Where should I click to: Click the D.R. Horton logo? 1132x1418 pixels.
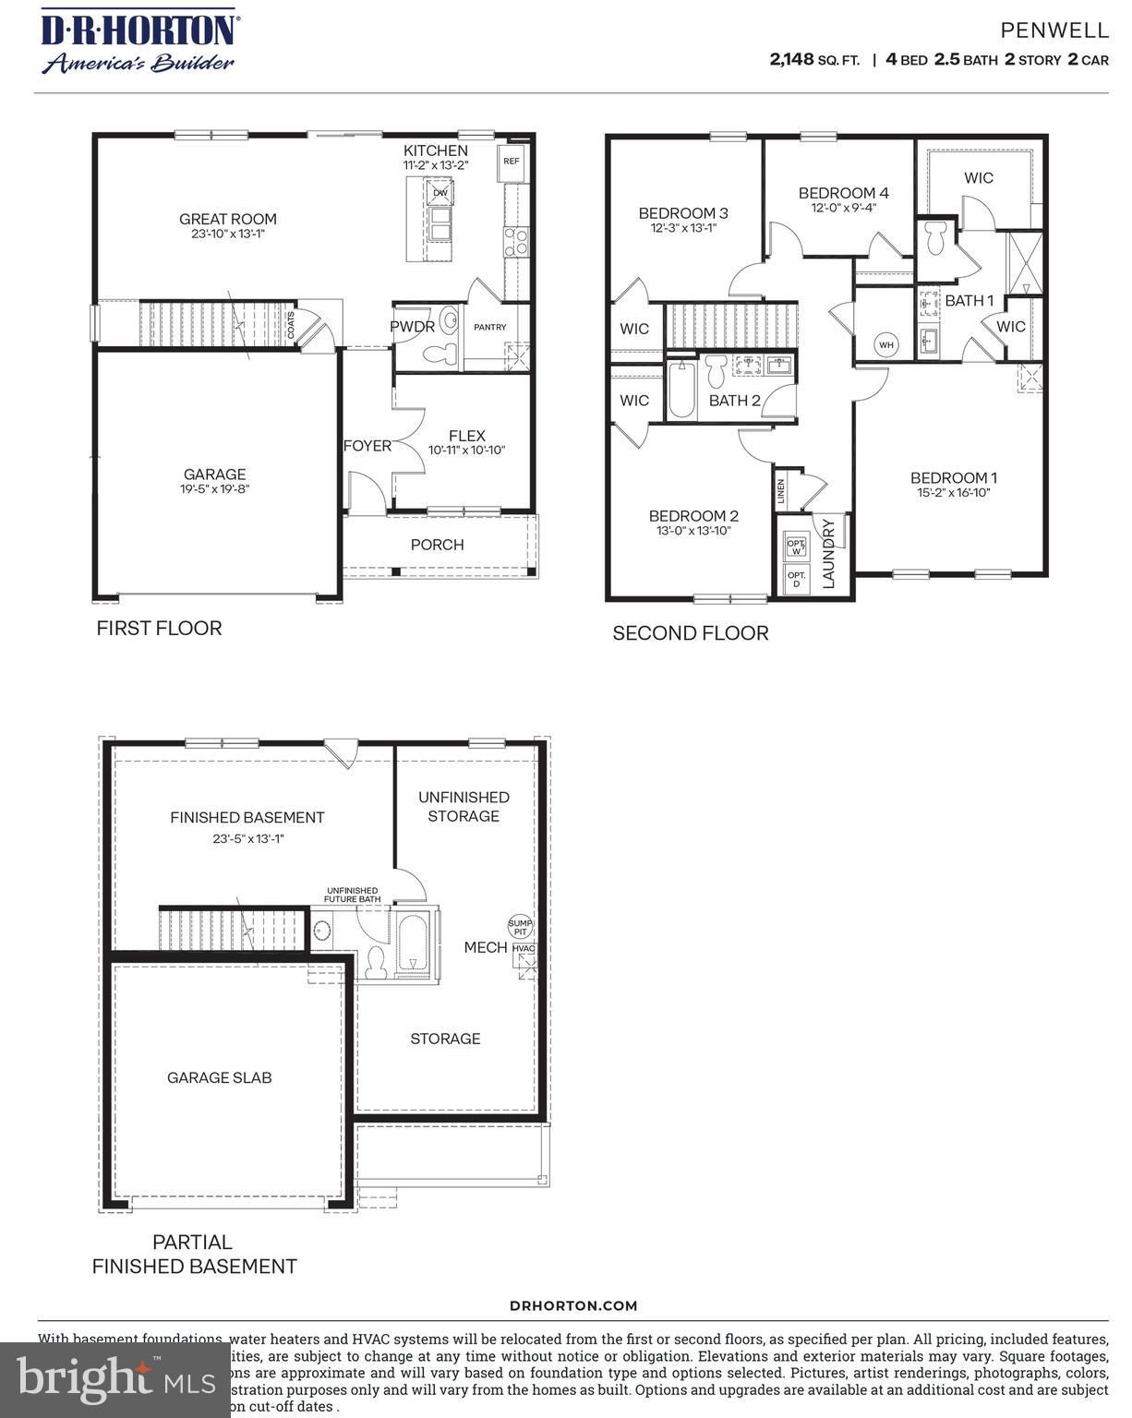138,41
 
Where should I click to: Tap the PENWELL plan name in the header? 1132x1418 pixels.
1054,30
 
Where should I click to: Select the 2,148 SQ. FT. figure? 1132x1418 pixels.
813,60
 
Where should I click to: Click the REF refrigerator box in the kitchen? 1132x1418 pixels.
512,161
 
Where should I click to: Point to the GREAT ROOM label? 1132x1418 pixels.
227,220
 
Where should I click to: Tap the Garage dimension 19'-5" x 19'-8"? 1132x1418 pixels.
214,490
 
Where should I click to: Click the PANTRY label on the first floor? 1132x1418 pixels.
489,327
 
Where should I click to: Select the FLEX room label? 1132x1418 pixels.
466,436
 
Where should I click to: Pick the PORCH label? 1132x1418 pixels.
437,545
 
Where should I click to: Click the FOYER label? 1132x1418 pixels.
367,446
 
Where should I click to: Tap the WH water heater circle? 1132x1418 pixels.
886,345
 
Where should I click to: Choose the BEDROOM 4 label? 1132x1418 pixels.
843,193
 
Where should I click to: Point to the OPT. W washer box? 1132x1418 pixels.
796,547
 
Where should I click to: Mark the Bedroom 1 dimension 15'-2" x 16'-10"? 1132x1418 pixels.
953,493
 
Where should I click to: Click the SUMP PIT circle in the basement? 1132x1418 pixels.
521,927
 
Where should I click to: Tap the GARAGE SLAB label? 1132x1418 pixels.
219,1077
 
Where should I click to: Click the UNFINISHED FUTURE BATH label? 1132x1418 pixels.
351,895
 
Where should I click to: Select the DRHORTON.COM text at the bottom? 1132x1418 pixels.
573,1305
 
